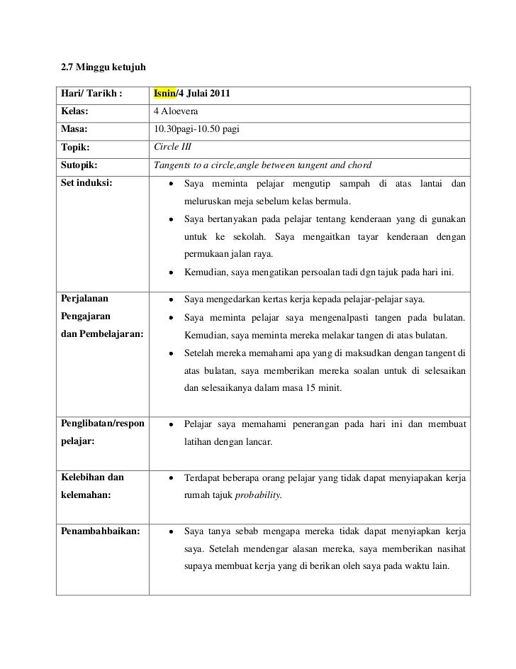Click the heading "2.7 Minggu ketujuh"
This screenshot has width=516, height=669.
[x=103, y=67]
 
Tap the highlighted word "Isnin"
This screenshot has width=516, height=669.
[x=164, y=95]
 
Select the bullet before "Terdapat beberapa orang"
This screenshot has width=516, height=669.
[x=172, y=479]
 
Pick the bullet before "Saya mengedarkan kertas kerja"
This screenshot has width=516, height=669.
[x=172, y=302]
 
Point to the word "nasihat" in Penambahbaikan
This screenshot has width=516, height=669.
[x=449, y=548]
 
